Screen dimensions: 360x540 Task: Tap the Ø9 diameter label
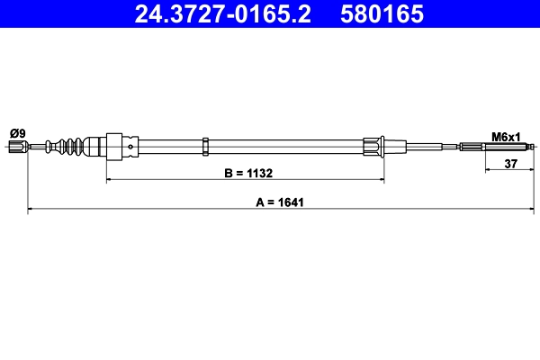coord(17,134)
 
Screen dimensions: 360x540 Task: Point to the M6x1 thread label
coord(506,137)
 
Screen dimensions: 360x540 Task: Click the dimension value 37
coord(510,163)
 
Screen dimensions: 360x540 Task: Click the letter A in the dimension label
coord(260,202)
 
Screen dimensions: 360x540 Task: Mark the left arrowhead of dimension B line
coord(110,180)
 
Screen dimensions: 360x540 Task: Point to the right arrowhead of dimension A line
coord(535,210)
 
